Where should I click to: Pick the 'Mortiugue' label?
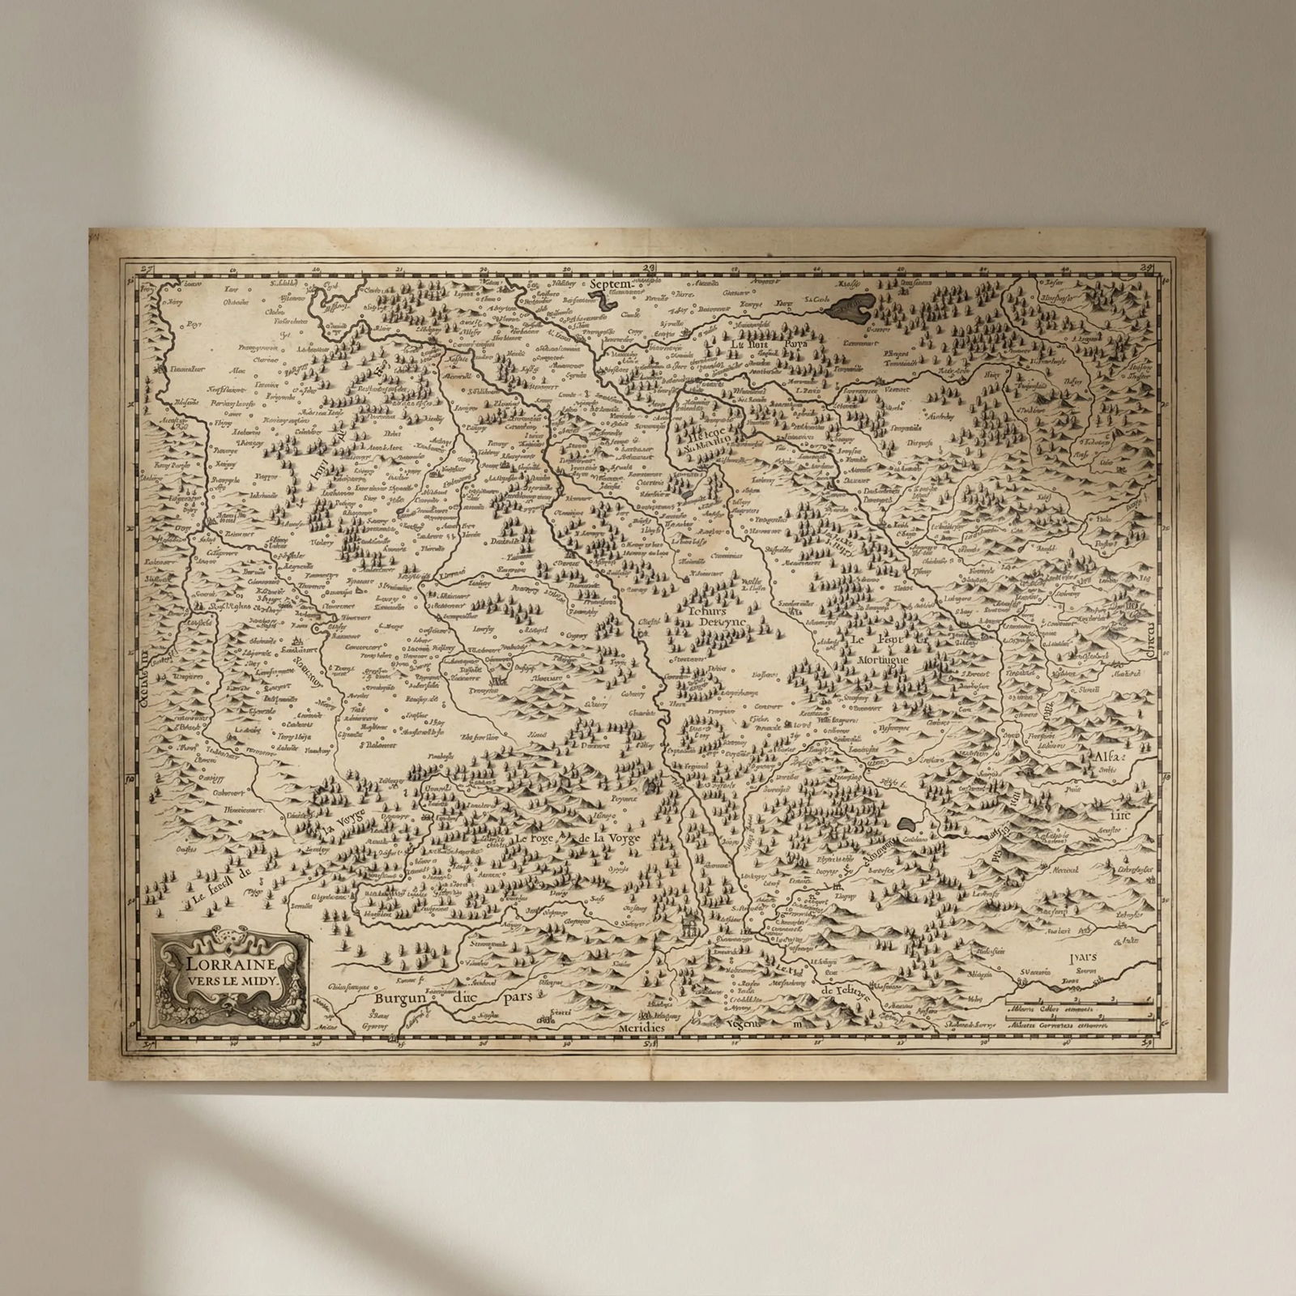pyautogui.click(x=885, y=660)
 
